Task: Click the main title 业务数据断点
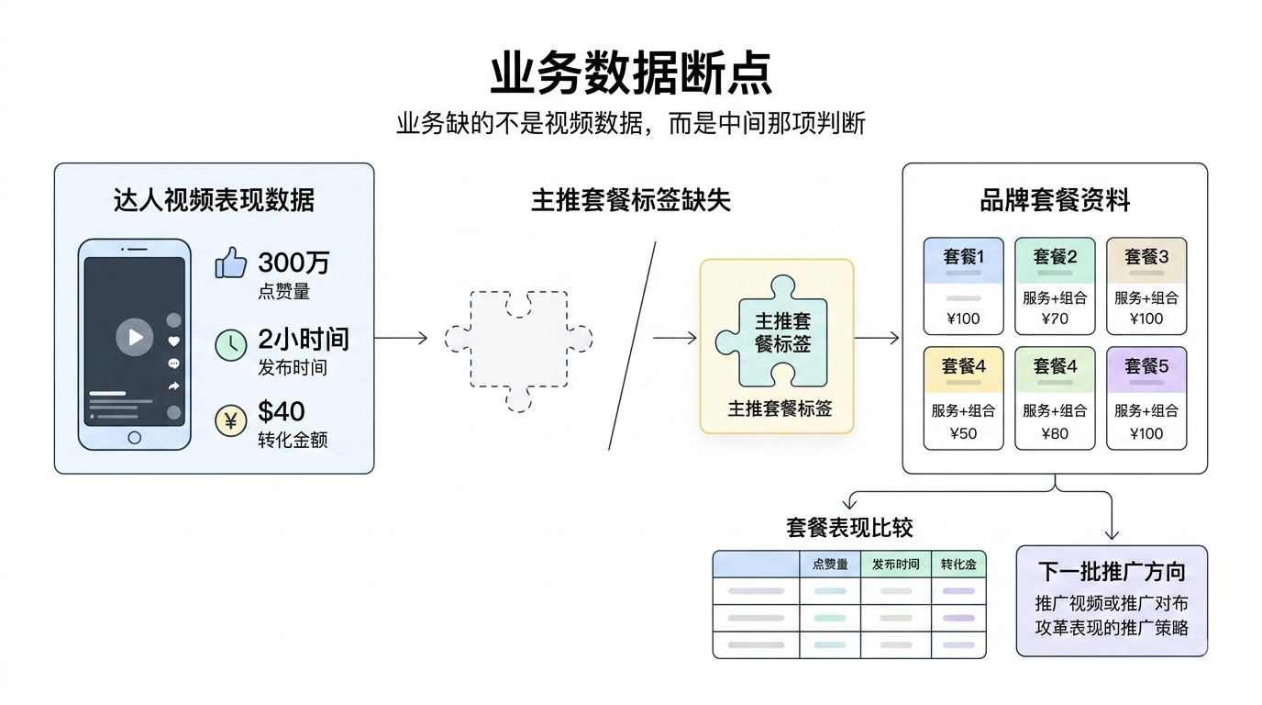pyautogui.click(x=631, y=73)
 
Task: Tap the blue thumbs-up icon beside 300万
pyautogui.click(x=231, y=263)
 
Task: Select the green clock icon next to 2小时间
pyautogui.click(x=231, y=344)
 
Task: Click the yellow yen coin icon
pyautogui.click(x=231, y=420)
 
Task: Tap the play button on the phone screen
pyautogui.click(x=135, y=337)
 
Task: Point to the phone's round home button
pyautogui.click(x=135, y=438)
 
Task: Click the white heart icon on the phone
pyautogui.click(x=174, y=341)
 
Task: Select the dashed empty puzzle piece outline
pyautogui.click(x=519, y=350)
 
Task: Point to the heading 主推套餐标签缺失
pyautogui.click(x=630, y=200)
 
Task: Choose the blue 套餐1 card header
pyautogui.click(x=963, y=261)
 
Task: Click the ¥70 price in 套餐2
pyautogui.click(x=1055, y=319)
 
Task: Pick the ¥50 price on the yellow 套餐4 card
pyautogui.click(x=963, y=433)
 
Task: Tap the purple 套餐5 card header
pyautogui.click(x=1146, y=370)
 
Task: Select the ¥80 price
pyautogui.click(x=1055, y=433)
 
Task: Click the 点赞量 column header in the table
pyautogui.click(x=830, y=565)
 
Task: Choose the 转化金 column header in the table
pyautogui.click(x=959, y=565)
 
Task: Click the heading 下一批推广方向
pyautogui.click(x=1112, y=572)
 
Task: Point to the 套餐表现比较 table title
pyautogui.click(x=849, y=528)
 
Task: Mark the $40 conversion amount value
pyautogui.click(x=282, y=411)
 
